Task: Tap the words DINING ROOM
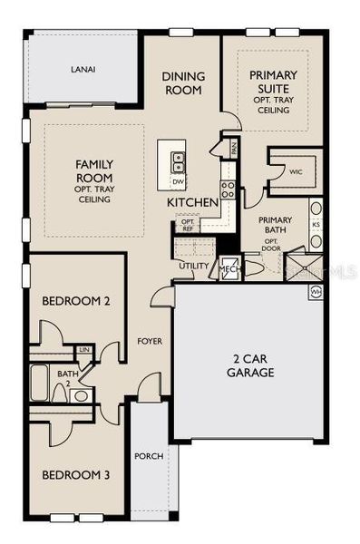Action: (x=184, y=83)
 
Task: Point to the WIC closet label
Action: (x=295, y=170)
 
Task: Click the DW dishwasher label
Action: (x=178, y=181)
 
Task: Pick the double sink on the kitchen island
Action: (x=179, y=162)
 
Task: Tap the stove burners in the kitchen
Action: (x=229, y=189)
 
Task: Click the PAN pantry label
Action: (x=233, y=147)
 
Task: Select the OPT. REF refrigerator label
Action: (x=188, y=225)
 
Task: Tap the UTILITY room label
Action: (x=193, y=266)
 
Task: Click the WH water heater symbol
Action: (x=316, y=292)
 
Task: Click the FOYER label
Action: (x=149, y=342)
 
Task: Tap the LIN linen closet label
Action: (x=85, y=349)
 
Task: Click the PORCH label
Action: (x=149, y=455)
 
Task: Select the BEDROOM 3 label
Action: (x=76, y=474)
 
